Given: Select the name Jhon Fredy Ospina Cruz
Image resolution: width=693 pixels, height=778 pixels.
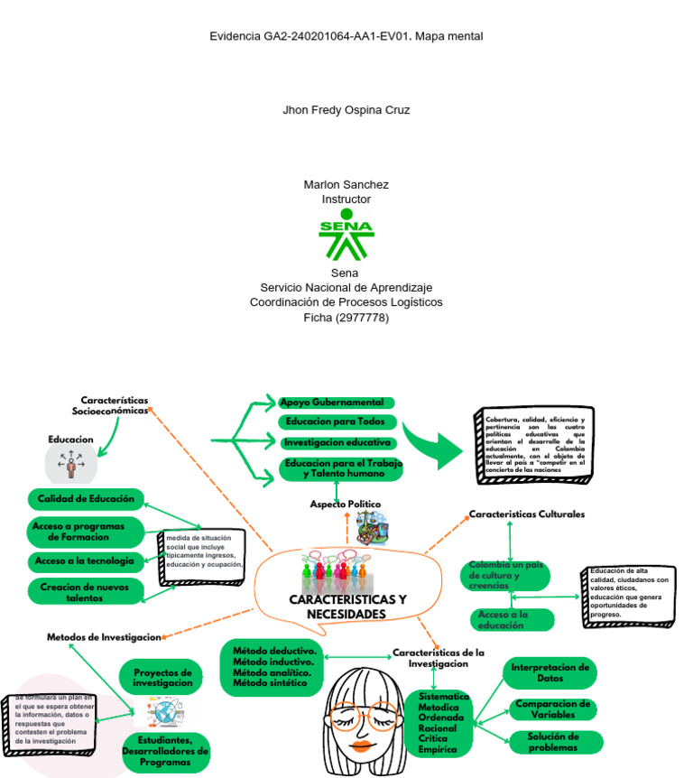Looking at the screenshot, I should [x=346, y=110].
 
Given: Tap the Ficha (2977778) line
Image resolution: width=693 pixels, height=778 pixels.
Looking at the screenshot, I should [x=346, y=318].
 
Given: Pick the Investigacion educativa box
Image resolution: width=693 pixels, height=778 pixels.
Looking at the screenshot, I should [x=337, y=443].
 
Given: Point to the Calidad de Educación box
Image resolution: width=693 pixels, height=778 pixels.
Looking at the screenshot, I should [x=86, y=498].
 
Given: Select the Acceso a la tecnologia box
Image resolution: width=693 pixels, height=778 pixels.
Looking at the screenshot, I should [x=86, y=561].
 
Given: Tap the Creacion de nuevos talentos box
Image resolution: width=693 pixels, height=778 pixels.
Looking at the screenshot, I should [x=86, y=592].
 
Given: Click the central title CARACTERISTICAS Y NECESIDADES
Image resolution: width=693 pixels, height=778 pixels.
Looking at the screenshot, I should [x=347, y=607].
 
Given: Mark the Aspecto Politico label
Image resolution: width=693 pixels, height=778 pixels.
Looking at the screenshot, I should [x=345, y=504].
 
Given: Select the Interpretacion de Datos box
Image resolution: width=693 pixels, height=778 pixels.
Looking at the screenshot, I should [x=550, y=672].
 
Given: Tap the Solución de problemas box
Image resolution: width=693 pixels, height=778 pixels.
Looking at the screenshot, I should [x=552, y=742].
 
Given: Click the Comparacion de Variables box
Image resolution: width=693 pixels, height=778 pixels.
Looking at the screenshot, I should [x=552, y=709].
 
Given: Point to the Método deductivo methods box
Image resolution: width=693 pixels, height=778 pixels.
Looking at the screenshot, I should [x=273, y=667].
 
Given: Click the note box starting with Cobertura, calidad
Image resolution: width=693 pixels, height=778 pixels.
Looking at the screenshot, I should [x=535, y=445].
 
